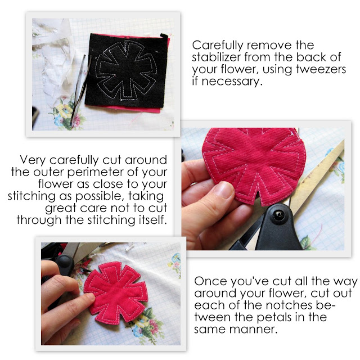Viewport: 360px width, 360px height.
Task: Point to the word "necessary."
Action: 232,82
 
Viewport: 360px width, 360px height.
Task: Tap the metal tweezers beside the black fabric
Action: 79,89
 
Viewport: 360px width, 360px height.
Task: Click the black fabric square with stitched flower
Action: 126,71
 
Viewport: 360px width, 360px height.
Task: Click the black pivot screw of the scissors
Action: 278,215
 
